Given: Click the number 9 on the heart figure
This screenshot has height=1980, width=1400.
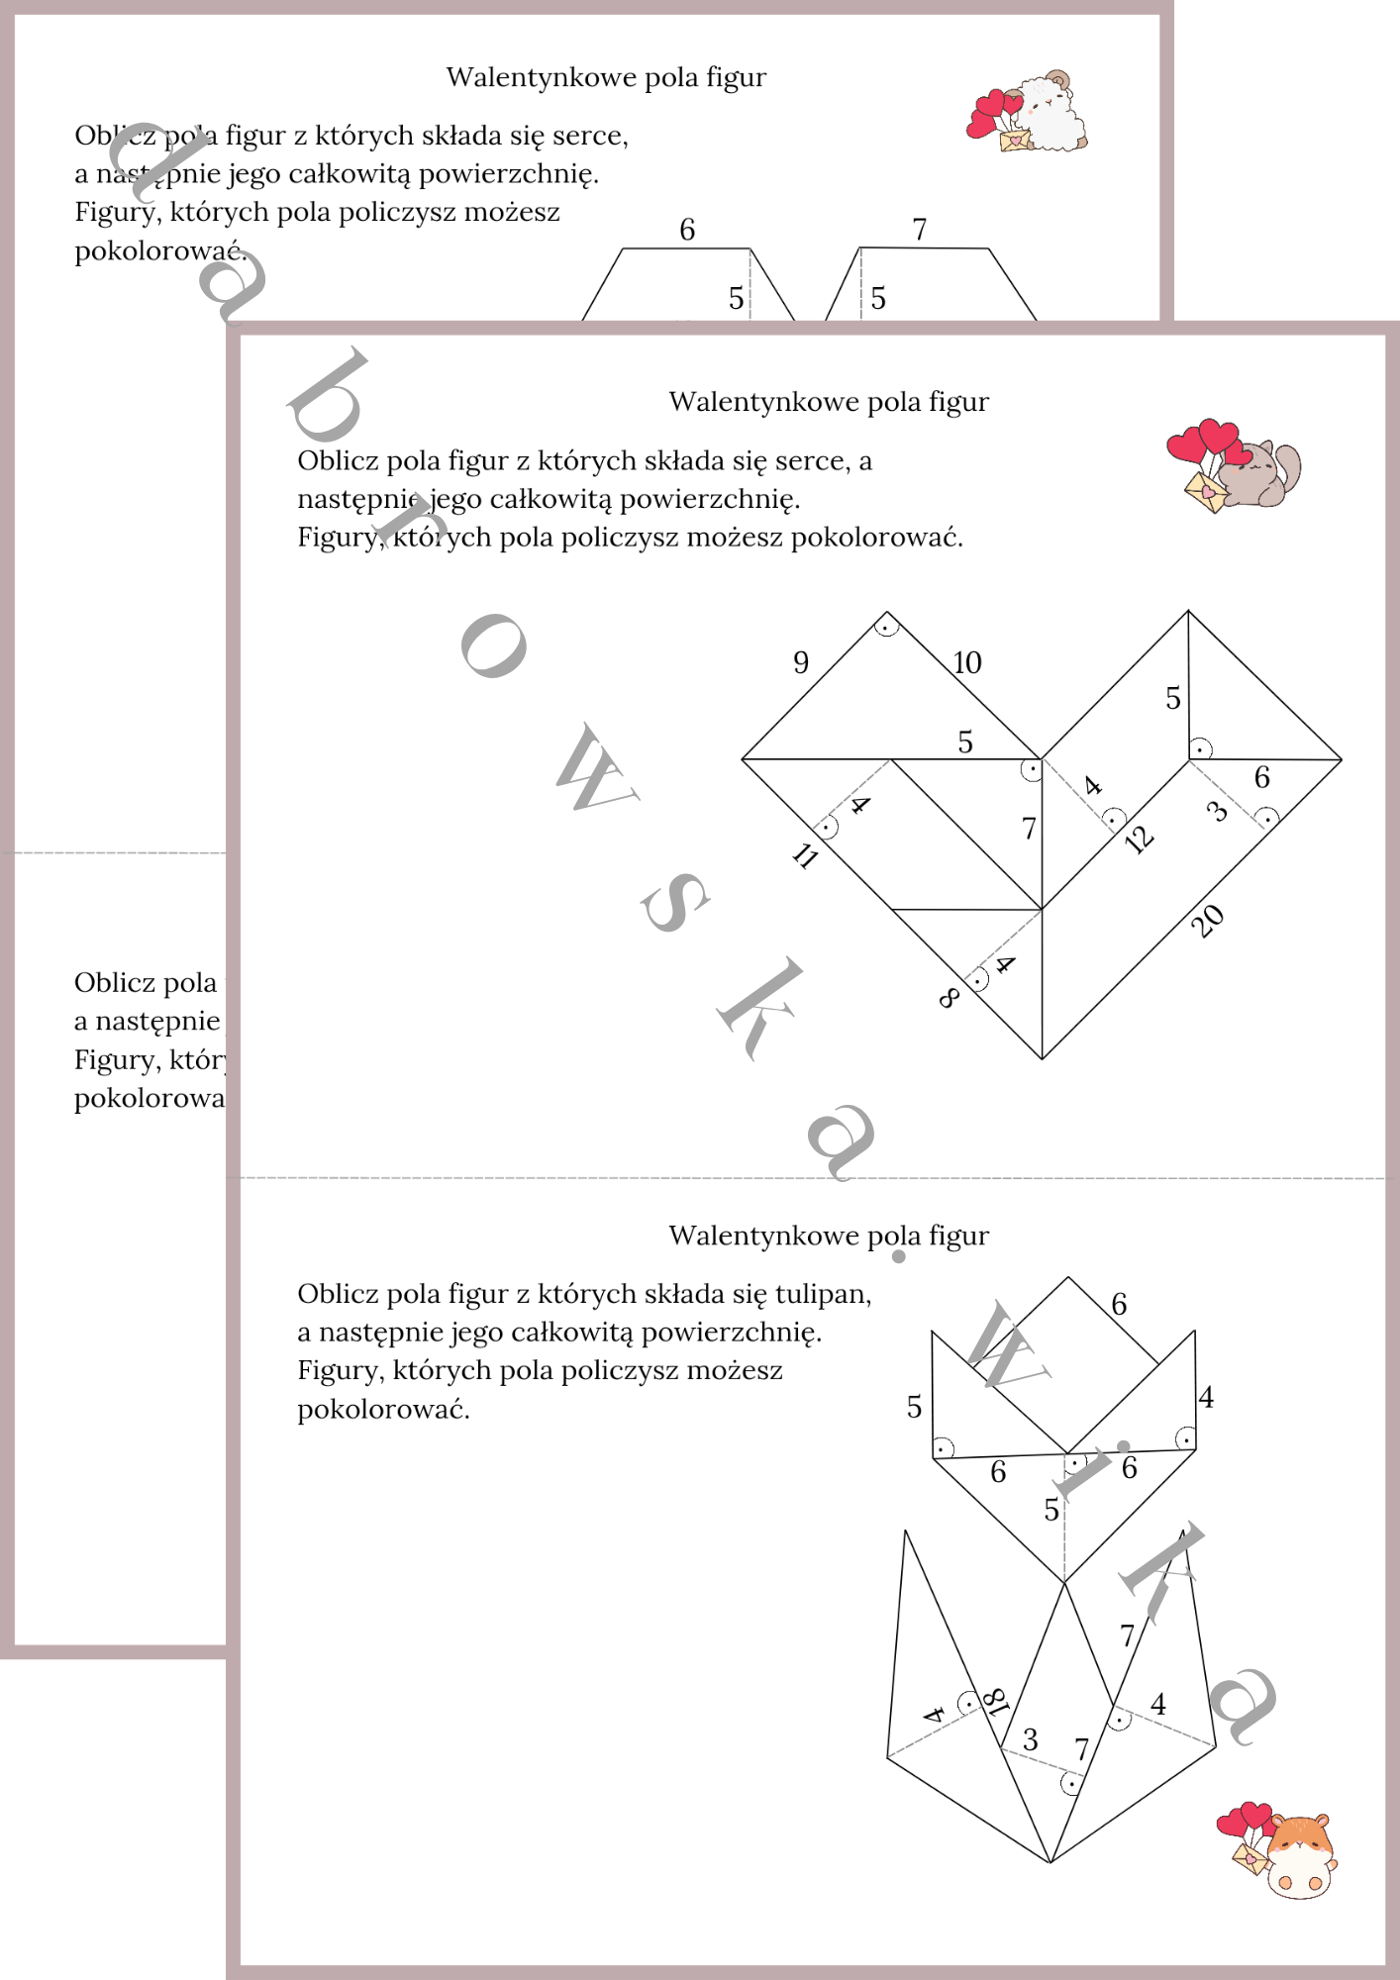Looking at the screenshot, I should (801, 662).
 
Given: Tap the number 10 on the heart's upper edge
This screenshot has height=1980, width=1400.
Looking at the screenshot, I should (967, 662).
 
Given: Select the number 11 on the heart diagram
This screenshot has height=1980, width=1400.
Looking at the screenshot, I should (806, 855).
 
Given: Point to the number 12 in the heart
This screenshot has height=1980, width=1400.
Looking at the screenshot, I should (1140, 840).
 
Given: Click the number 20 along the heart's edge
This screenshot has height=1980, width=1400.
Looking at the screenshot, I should (1207, 921).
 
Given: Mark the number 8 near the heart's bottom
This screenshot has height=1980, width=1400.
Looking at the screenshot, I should (948, 998).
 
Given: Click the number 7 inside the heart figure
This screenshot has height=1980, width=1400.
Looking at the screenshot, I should (1029, 828).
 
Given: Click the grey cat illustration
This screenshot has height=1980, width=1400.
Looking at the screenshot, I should (1261, 474).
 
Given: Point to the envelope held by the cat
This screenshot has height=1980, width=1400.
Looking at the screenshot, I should (1206, 492).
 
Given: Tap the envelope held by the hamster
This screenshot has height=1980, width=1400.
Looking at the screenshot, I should (1250, 1856).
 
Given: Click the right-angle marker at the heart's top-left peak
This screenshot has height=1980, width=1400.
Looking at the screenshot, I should (887, 625).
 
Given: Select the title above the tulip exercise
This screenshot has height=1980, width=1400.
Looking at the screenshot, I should (829, 1236).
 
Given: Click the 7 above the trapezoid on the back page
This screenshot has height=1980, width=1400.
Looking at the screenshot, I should (920, 230).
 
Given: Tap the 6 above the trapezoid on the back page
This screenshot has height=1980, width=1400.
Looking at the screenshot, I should (687, 230).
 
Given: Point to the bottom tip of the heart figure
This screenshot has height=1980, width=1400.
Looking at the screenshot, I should (1042, 1057).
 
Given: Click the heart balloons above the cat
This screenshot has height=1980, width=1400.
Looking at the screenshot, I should (1203, 442).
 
